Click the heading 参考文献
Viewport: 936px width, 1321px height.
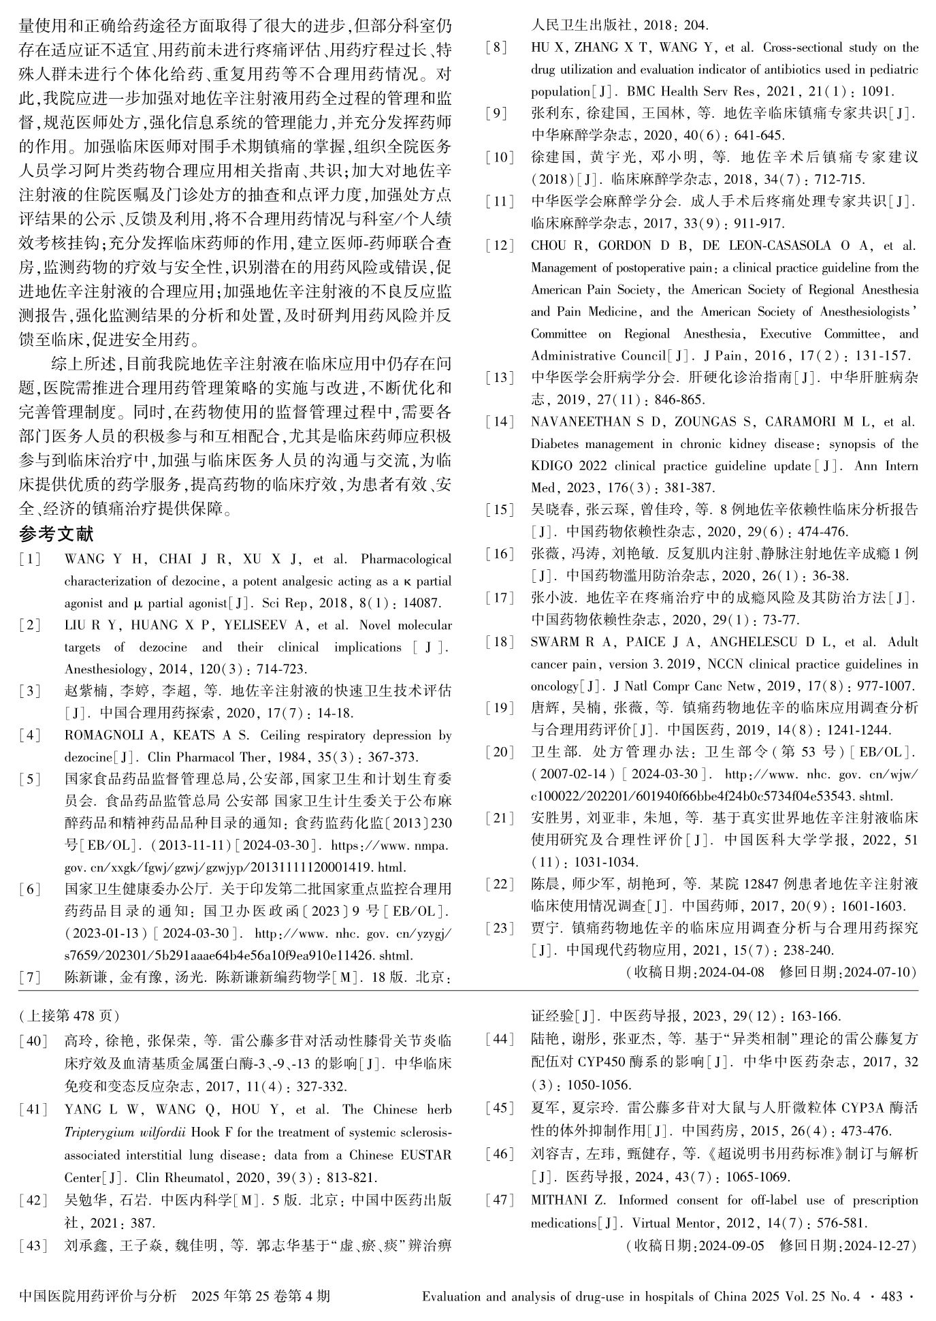(57, 535)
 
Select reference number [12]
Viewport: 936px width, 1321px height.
(500, 246)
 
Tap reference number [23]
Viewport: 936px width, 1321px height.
(500, 928)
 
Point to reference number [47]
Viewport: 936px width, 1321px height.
(500, 1200)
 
